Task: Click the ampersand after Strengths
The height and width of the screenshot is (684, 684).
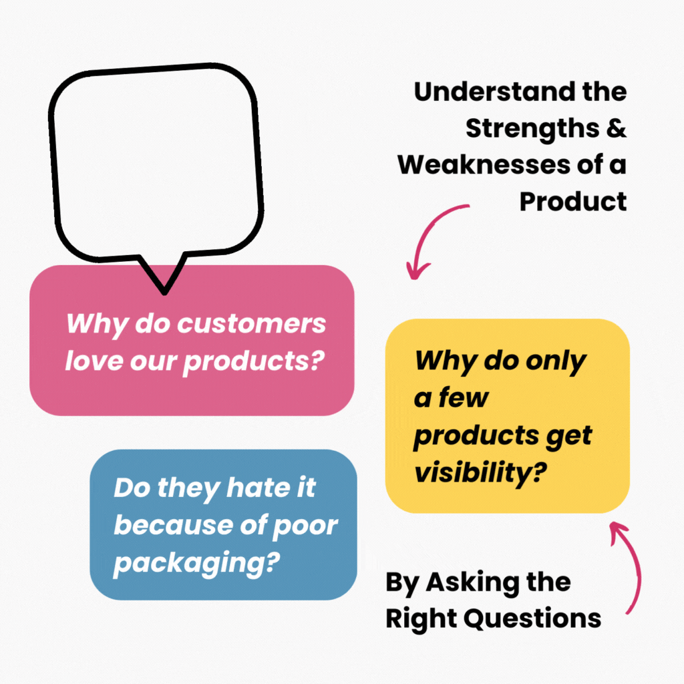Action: (617, 128)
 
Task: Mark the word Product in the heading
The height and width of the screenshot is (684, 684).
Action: (573, 200)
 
